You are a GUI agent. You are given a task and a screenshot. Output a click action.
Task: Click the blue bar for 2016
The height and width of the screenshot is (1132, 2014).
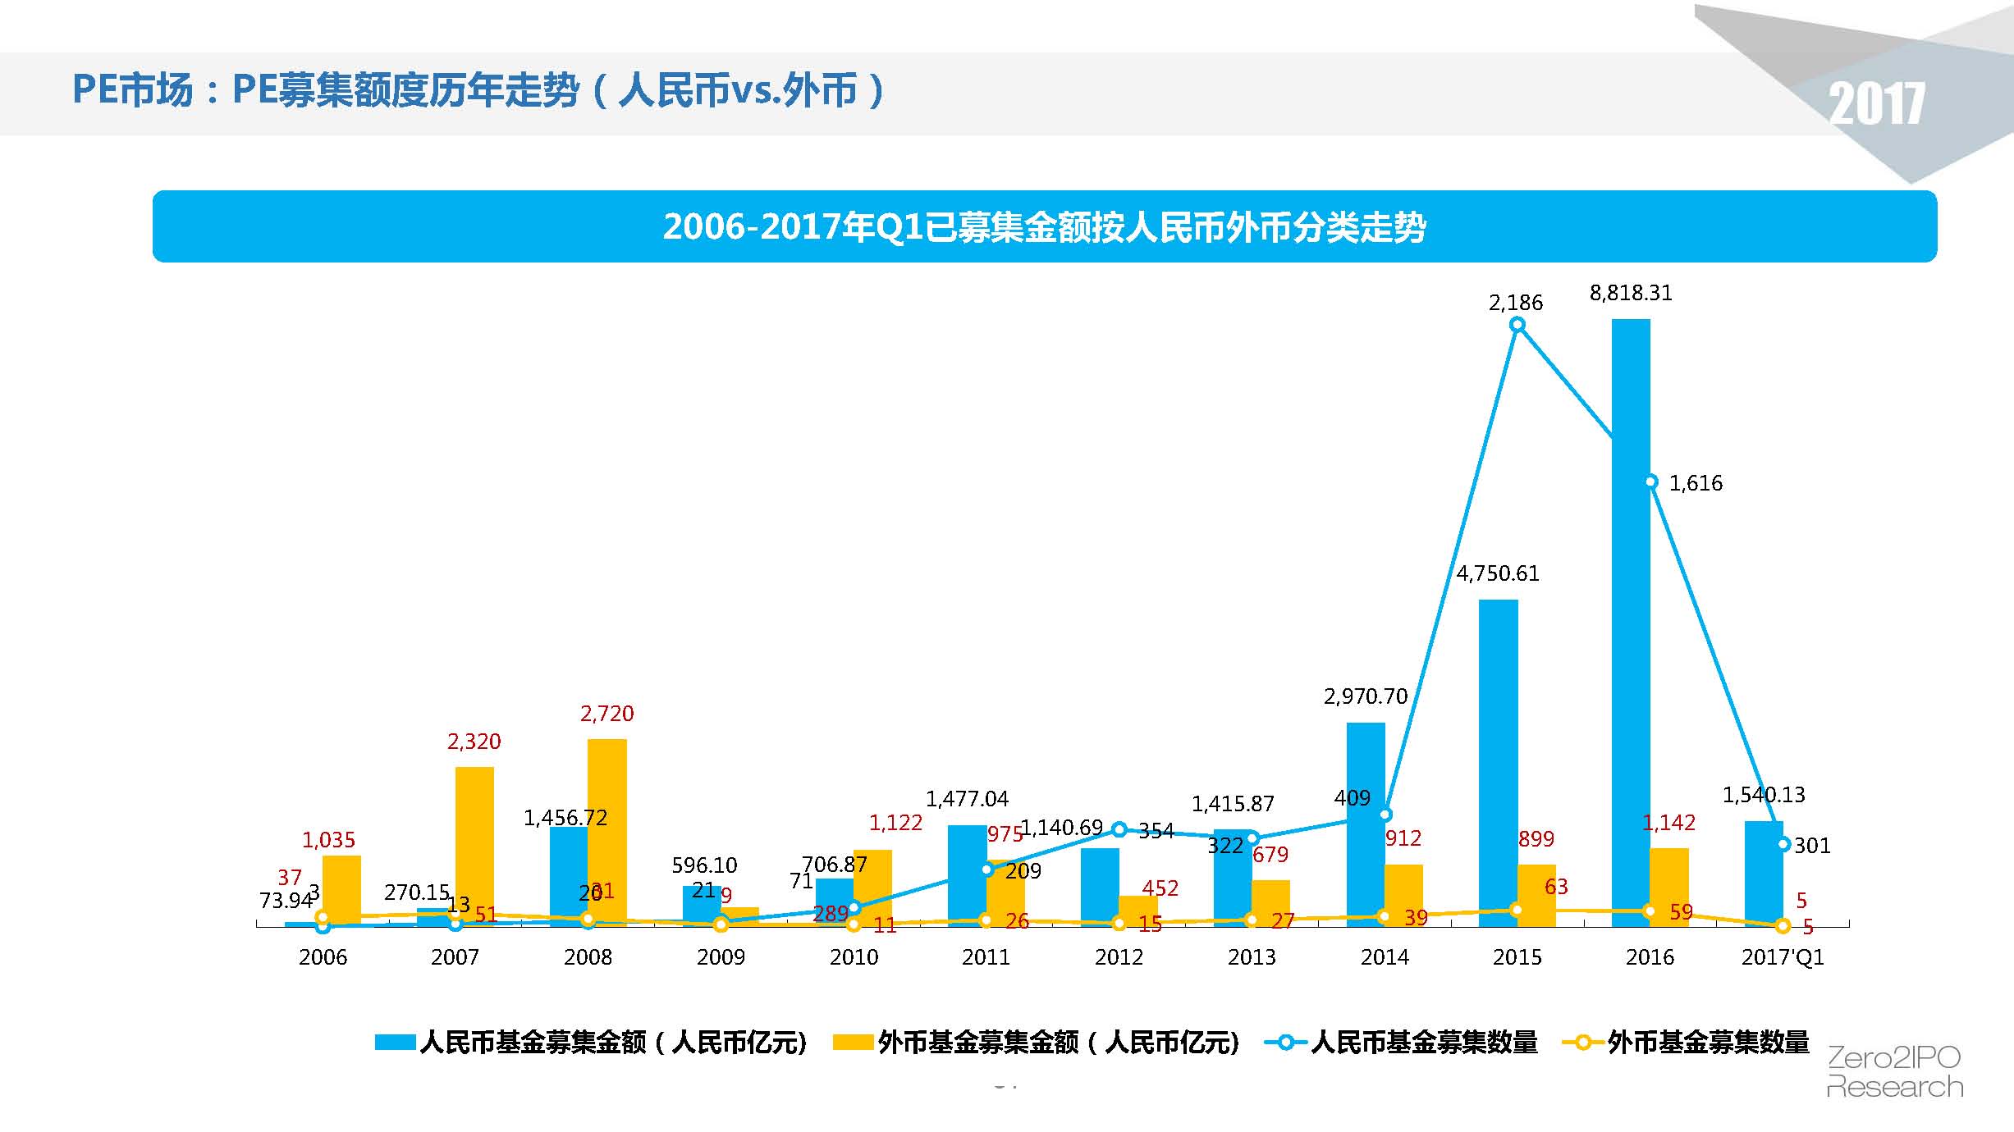pyautogui.click(x=1631, y=623)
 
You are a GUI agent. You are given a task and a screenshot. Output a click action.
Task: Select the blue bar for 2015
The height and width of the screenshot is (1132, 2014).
pyautogui.click(x=1498, y=763)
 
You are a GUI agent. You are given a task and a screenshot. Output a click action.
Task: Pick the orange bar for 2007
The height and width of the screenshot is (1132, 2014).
pyautogui.click(x=474, y=845)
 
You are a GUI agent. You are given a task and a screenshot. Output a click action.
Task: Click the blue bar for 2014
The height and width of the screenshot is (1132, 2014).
pyautogui.click(x=1366, y=824)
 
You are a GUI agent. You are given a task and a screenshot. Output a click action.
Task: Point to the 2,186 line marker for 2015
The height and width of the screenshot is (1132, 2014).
pyautogui.click(x=1517, y=325)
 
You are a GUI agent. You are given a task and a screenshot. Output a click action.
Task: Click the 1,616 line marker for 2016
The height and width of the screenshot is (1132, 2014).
pyautogui.click(x=1651, y=482)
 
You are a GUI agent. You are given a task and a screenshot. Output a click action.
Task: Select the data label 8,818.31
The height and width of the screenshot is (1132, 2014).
pyautogui.click(x=1631, y=293)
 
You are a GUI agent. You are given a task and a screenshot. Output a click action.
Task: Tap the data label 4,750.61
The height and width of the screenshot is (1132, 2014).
pyautogui.click(x=1498, y=573)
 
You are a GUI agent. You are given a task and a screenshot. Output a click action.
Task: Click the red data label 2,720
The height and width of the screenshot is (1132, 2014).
pyautogui.click(x=607, y=714)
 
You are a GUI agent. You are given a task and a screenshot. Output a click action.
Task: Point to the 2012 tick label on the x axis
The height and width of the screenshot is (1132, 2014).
pyautogui.click(x=1119, y=957)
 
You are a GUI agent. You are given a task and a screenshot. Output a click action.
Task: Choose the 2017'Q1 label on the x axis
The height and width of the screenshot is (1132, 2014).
pyautogui.click(x=1783, y=957)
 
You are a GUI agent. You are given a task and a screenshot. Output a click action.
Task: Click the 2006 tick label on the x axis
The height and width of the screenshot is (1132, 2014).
pyautogui.click(x=323, y=957)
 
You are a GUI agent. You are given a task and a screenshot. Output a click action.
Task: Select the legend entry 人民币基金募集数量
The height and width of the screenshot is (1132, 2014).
pyautogui.click(x=1423, y=1043)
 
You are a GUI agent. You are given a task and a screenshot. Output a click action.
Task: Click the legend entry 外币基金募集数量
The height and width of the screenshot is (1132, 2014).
pyautogui.click(x=1708, y=1043)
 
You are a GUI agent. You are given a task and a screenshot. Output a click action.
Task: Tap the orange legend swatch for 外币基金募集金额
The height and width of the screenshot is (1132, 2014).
pyautogui.click(x=852, y=1043)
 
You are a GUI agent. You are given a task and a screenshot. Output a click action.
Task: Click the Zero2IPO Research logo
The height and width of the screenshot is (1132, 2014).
pyautogui.click(x=1894, y=1072)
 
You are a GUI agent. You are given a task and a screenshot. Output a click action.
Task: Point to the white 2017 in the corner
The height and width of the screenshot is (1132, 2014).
pyautogui.click(x=1877, y=104)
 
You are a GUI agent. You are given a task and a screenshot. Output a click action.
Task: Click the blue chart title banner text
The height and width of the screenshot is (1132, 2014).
pyautogui.click(x=1044, y=226)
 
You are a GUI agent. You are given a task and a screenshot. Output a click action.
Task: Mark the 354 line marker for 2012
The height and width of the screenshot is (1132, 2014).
pyautogui.click(x=1119, y=829)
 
